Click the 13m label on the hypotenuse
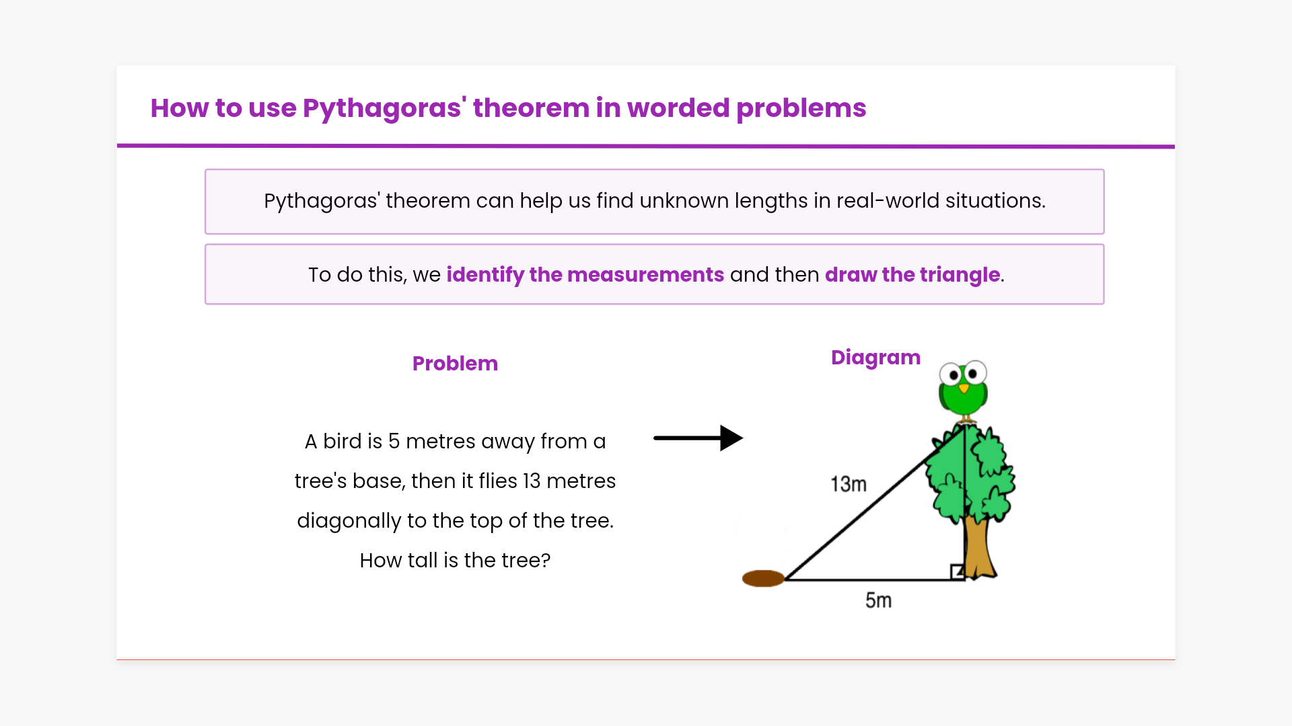pos(849,484)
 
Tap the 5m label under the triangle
pos(878,600)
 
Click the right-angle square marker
pos(958,572)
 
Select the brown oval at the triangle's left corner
pos(763,578)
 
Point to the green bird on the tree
pos(964,391)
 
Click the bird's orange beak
pos(964,389)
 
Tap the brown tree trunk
pos(978,546)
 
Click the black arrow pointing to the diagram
pos(698,438)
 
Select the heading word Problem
pos(455,364)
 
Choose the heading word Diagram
pos(875,358)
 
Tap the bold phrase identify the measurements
pos(585,275)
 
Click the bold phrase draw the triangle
pos(912,275)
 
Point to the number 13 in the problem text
pos(532,481)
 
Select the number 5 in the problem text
pos(394,442)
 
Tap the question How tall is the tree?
pos(455,561)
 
